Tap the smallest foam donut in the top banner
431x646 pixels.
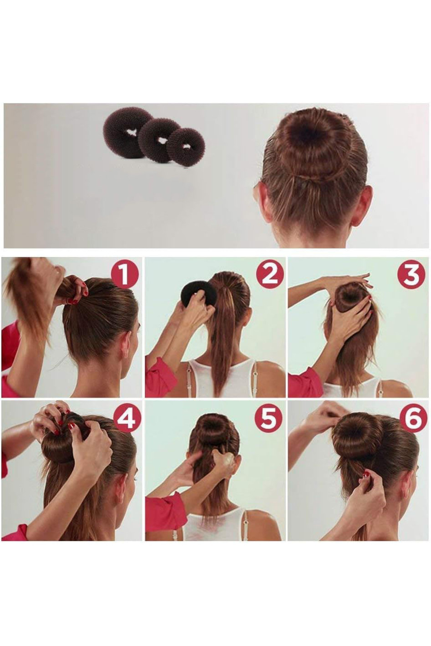click(x=185, y=147)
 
